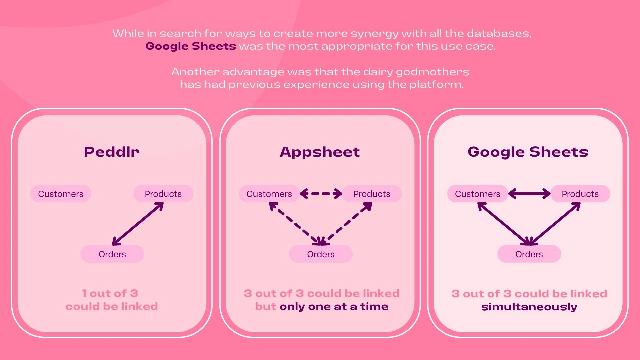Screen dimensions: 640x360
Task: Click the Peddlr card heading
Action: (112, 152)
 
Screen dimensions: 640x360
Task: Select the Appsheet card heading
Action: (320, 152)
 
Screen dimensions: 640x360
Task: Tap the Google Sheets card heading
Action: (528, 152)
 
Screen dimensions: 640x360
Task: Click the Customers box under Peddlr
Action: (61, 194)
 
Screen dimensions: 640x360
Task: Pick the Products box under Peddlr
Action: (163, 194)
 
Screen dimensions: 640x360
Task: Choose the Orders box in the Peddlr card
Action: (112, 254)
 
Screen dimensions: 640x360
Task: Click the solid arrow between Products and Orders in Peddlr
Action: (138, 224)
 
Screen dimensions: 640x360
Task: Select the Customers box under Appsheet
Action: (269, 194)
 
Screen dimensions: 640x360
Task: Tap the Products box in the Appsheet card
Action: (372, 194)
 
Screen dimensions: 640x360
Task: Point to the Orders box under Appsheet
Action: (321, 254)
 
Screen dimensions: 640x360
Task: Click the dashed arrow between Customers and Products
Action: (321, 194)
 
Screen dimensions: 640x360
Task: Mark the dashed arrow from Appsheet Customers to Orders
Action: (295, 224)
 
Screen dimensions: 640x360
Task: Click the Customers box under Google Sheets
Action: (478, 194)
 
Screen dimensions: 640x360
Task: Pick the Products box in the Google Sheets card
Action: (580, 194)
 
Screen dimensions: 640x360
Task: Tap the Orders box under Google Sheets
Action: (529, 254)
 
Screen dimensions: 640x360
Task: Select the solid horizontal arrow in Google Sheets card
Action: (529, 194)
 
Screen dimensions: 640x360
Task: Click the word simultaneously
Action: (529, 307)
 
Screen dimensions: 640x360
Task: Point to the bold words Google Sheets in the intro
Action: (191, 46)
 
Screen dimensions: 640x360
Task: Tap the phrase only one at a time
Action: (334, 306)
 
